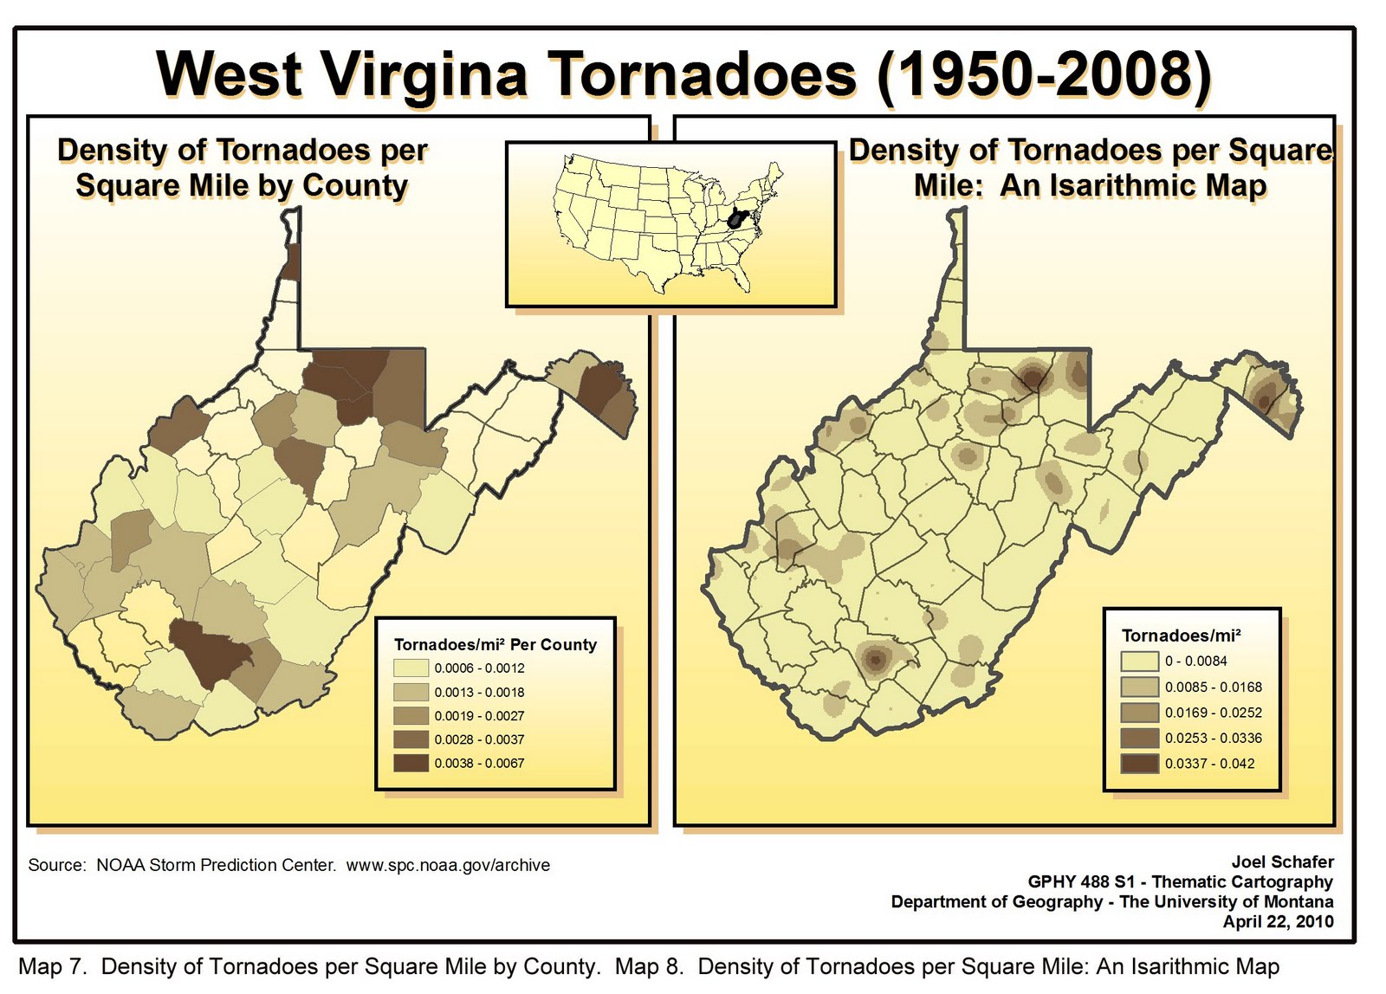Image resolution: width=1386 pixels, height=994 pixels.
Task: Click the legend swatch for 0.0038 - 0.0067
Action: tap(411, 763)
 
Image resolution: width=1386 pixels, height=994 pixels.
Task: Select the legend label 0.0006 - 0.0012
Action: tap(479, 668)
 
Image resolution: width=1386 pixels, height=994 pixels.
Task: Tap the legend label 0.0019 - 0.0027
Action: tap(479, 716)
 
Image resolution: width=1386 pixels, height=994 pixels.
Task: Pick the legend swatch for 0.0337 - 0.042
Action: tap(1139, 764)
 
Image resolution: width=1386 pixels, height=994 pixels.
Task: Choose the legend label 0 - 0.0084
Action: tap(1195, 662)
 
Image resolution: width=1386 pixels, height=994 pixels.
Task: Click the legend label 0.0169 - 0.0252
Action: tap(1213, 713)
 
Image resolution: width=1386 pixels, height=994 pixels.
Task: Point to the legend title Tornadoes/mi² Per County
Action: tap(495, 644)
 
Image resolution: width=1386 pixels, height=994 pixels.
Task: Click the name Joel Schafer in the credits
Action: tap(1282, 862)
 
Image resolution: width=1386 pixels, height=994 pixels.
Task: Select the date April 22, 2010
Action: tap(1278, 921)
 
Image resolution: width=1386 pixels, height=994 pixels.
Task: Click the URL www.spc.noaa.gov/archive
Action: tap(448, 865)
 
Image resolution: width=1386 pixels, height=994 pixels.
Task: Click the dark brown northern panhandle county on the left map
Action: tap(292, 262)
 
